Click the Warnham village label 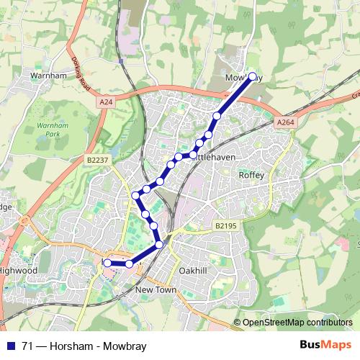48,74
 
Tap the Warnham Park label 50,130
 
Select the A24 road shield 107,103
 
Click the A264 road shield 285,123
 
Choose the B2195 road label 225,226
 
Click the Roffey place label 252,175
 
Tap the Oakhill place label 194,270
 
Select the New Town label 156,289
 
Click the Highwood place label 19,270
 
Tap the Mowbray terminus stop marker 252,76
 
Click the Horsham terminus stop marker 108,264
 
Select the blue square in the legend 10,346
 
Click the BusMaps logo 325,346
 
